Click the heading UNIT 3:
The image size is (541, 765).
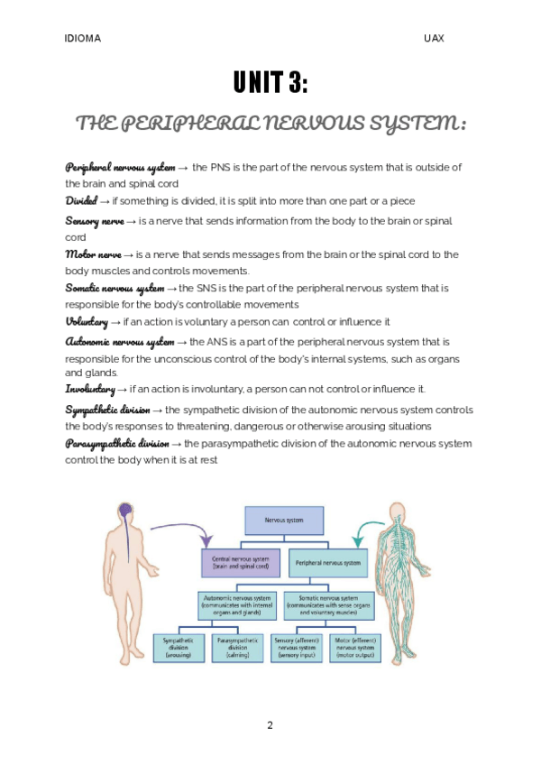click(270, 84)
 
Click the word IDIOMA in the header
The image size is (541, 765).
click(83, 39)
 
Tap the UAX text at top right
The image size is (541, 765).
click(434, 39)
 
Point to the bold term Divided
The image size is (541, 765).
click(80, 200)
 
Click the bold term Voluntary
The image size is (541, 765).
click(86, 321)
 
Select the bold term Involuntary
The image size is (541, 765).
click(89, 389)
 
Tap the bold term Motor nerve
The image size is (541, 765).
click(93, 254)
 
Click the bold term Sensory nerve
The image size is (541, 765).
click(95, 221)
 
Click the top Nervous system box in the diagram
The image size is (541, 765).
click(284, 521)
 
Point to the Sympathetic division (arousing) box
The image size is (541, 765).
click(179, 646)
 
